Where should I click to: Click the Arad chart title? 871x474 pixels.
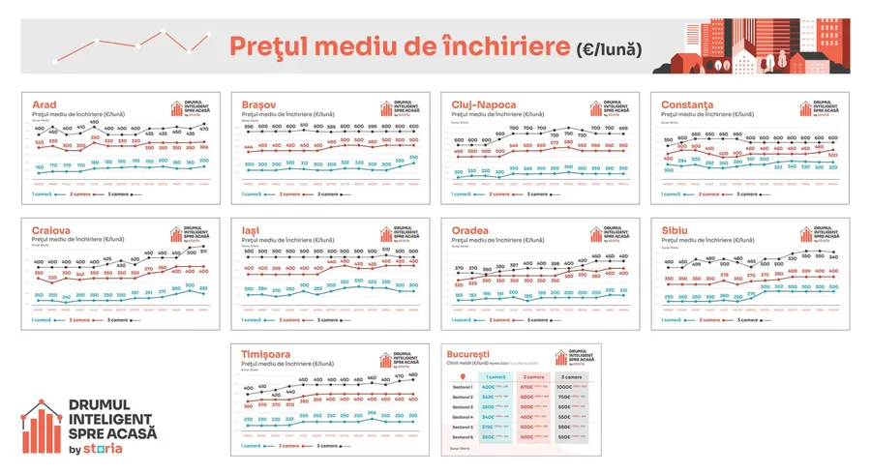[44, 104]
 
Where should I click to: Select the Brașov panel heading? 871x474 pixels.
[259, 104]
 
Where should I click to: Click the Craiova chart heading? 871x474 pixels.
[50, 230]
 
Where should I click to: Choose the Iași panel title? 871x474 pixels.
[251, 230]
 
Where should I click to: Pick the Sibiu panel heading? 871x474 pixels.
[677, 230]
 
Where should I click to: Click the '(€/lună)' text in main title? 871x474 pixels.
[607, 46]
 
